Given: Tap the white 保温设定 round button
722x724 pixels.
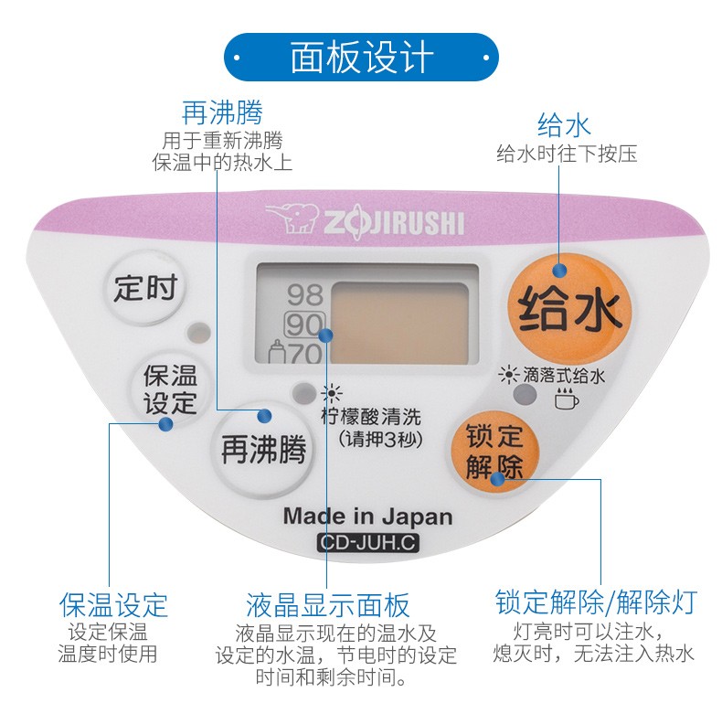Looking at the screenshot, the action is (170, 389).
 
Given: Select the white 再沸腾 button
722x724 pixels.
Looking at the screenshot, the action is (262, 449).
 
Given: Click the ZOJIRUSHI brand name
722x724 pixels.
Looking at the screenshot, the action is (392, 223).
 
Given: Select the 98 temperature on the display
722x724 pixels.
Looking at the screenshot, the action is (305, 294).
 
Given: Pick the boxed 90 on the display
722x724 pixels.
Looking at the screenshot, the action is (305, 325).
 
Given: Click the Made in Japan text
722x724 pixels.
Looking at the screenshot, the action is (367, 516).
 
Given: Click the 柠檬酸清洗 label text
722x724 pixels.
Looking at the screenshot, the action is (372, 417).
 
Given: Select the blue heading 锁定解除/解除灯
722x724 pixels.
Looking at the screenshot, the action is (596, 602).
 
